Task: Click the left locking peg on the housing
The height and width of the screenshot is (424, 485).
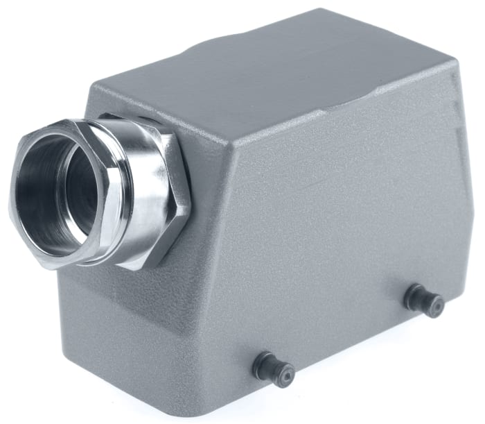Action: [274, 369]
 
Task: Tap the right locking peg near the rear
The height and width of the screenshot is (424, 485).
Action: [424, 300]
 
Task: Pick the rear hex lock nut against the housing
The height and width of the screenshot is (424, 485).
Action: [170, 187]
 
